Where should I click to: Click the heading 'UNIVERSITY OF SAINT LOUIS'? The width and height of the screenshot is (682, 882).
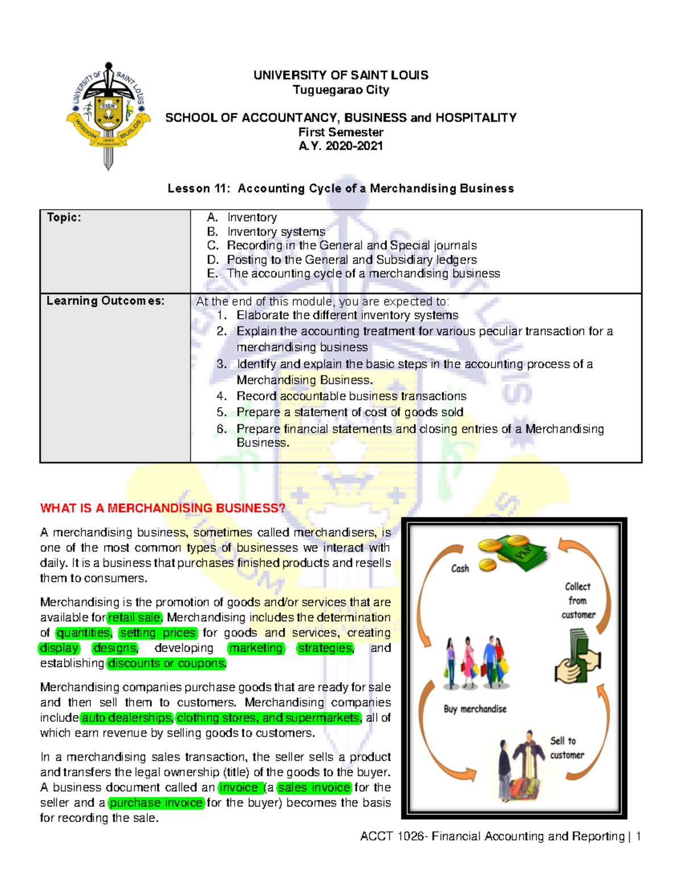coord(340,75)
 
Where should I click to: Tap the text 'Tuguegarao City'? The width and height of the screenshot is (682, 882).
coord(340,90)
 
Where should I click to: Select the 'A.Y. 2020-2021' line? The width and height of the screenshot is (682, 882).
coord(340,146)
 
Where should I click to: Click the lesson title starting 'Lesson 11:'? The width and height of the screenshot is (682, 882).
coord(340,189)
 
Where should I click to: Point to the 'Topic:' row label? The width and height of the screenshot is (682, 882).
coord(64,218)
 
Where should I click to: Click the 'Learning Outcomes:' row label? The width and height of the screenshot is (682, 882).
coord(105,301)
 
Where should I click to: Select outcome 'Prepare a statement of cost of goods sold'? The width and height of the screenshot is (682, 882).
coord(350,412)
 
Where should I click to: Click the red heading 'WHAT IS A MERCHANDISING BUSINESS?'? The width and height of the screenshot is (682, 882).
coord(163,508)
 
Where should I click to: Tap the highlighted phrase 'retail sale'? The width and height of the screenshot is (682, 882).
coord(135,617)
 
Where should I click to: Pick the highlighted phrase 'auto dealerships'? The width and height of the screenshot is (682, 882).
coord(126,718)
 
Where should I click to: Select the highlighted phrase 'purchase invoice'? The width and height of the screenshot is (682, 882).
coord(156,803)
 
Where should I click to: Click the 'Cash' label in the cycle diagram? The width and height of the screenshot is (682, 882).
coord(460,569)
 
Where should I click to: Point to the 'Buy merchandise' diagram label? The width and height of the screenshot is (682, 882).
coord(475,709)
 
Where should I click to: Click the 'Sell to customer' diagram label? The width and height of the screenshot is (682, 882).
coord(566,748)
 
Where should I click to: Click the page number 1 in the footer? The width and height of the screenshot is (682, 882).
coord(639,837)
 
